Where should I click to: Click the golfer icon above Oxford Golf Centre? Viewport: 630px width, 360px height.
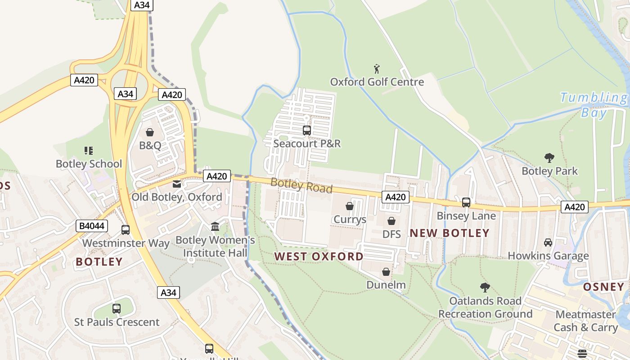pos(377,69)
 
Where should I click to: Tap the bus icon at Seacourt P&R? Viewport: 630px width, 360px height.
pos(307,130)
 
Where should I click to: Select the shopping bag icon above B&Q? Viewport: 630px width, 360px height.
pos(150,132)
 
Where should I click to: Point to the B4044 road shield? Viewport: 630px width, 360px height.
pos(92,226)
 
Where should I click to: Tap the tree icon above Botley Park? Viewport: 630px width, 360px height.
pos(549,158)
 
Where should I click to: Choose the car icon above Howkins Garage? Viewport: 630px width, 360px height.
pos(548,243)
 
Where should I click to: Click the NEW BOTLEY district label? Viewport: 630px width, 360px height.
pos(450,233)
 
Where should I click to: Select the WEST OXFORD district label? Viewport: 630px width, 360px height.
pos(319,256)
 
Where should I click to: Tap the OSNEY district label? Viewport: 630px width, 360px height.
pos(604,287)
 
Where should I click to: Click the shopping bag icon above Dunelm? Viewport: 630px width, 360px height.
pos(386,272)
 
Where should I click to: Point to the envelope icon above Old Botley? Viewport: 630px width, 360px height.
pos(177,184)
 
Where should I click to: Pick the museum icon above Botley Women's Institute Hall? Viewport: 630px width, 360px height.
pos(215,227)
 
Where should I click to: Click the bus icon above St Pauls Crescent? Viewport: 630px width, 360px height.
pos(117,309)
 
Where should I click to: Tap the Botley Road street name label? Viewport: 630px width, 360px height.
pos(301,185)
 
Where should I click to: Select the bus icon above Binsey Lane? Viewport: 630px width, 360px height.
pos(466,202)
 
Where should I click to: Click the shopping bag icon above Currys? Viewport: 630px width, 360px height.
pos(350,206)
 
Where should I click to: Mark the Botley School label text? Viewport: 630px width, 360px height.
pos(89,164)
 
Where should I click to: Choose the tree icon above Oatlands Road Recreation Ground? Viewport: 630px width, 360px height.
pos(485,288)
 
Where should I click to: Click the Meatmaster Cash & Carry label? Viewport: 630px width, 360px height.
pos(585,321)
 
